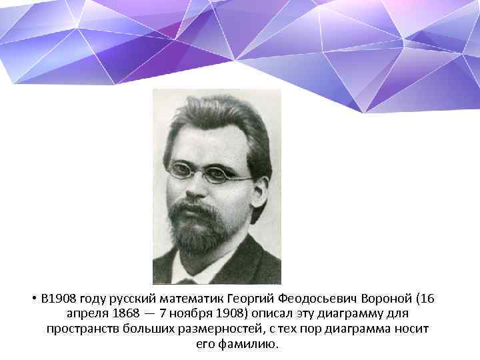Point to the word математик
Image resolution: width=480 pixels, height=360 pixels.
coord(193,297)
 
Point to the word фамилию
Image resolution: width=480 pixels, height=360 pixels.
coord(252,345)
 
